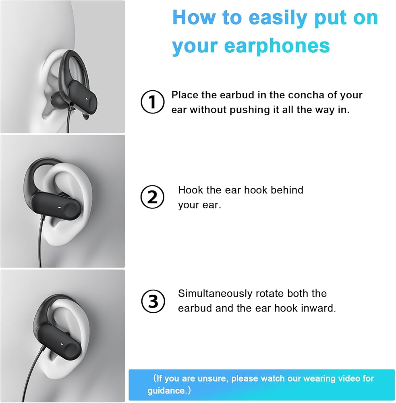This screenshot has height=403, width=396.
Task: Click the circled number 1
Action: pyautogui.click(x=152, y=102)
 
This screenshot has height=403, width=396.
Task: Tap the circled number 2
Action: pyautogui.click(x=152, y=197)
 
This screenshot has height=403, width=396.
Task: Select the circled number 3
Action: pyautogui.click(x=153, y=301)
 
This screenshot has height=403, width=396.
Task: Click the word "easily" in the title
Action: pyautogui.click(x=278, y=18)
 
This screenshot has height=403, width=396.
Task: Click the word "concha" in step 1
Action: pyautogui.click(x=306, y=95)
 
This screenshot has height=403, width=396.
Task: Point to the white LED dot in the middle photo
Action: pyautogui.click(x=60, y=207)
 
